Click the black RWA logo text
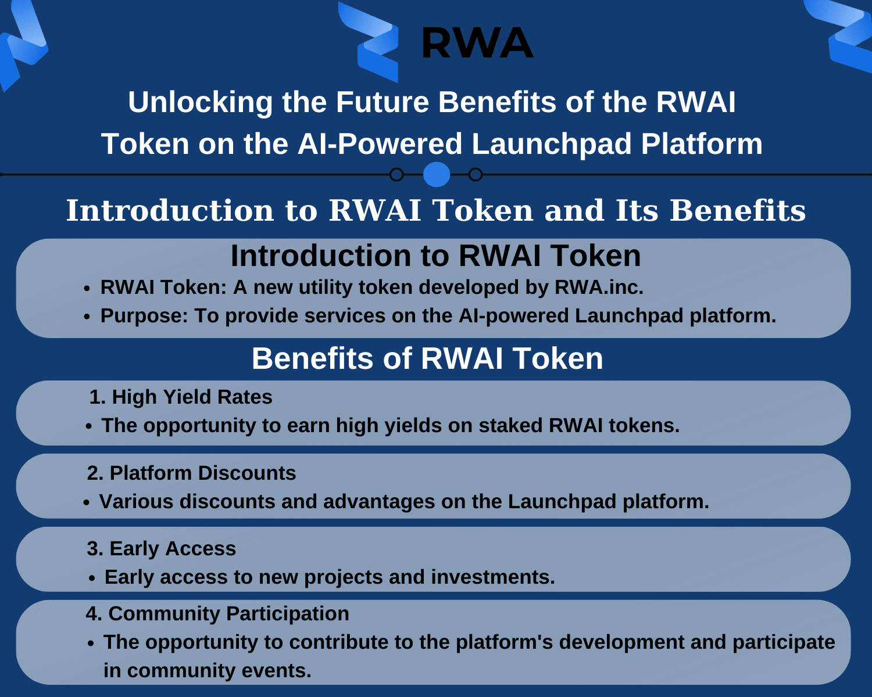click(477, 43)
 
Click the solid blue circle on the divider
click(437, 175)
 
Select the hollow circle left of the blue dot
click(396, 175)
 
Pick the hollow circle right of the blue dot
click(476, 175)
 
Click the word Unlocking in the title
click(201, 102)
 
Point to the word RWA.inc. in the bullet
click(599, 287)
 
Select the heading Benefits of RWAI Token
click(427, 359)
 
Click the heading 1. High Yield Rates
click(181, 397)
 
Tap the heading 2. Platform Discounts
click(192, 473)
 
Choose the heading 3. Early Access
click(161, 549)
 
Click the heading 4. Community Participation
click(217, 613)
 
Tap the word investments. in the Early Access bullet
click(493, 577)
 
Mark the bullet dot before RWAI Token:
click(87, 288)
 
